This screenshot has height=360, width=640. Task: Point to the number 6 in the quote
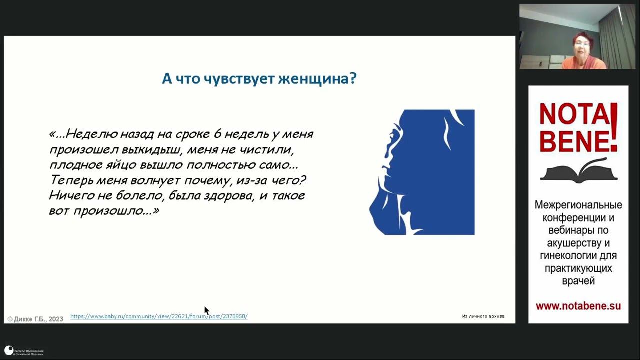click(x=217, y=134)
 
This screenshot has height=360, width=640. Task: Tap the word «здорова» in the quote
click(x=225, y=195)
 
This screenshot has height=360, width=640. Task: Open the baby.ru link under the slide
click(x=159, y=316)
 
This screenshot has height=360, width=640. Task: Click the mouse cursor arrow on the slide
click(x=206, y=310)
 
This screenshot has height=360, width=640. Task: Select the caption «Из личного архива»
click(x=483, y=316)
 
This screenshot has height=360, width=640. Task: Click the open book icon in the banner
click(x=578, y=172)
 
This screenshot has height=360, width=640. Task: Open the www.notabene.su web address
click(x=578, y=306)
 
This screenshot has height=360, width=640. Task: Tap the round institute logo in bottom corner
click(x=9, y=350)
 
